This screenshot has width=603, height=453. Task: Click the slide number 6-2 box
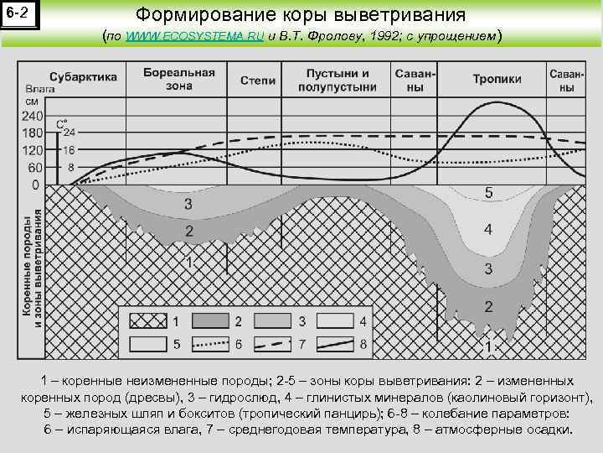[19, 14]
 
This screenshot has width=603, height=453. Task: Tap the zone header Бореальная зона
[179, 79]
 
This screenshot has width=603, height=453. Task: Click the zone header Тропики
[497, 79]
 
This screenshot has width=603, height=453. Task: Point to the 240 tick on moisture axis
[32, 116]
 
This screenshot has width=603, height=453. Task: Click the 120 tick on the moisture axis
[32, 150]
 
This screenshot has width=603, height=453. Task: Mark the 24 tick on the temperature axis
[68, 133]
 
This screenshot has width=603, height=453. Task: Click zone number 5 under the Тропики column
[489, 194]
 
